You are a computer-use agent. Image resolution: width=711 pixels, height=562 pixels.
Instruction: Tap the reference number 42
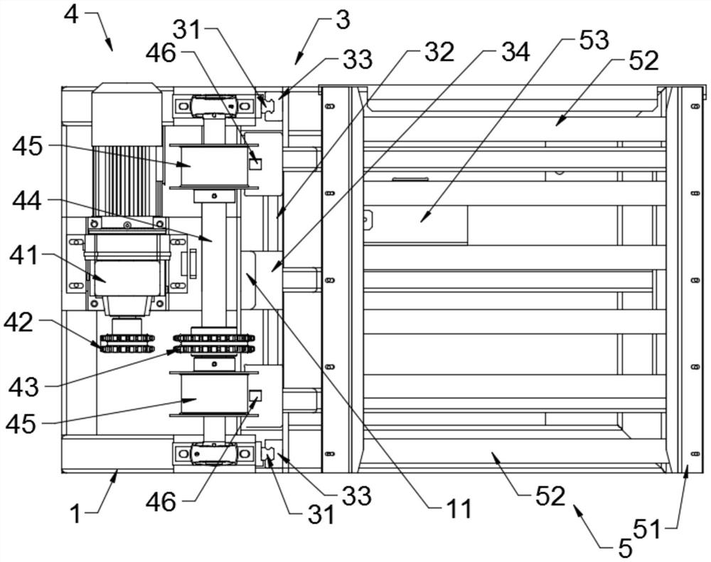[x=18, y=323]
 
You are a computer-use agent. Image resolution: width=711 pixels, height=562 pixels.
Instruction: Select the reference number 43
[x=23, y=388]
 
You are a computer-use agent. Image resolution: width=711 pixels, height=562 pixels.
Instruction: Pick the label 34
[x=515, y=52]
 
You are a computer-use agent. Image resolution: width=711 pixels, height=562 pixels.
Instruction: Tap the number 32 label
[x=439, y=52]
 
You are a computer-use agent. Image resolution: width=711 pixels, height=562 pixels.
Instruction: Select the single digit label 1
[x=76, y=514]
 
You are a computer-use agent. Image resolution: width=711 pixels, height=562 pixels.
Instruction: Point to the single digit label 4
[x=71, y=15]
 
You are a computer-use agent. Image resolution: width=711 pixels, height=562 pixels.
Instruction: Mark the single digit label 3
[x=343, y=21]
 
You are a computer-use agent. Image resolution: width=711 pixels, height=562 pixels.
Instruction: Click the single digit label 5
[x=625, y=549]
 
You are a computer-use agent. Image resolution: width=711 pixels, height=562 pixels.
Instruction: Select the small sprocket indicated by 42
[x=127, y=344]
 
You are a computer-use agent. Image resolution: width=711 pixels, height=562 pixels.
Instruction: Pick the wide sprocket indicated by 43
[x=213, y=344]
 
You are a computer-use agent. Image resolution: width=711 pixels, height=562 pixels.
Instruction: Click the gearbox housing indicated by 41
[x=127, y=277]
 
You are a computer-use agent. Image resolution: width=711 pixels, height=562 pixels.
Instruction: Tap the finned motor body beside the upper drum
[x=127, y=180]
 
